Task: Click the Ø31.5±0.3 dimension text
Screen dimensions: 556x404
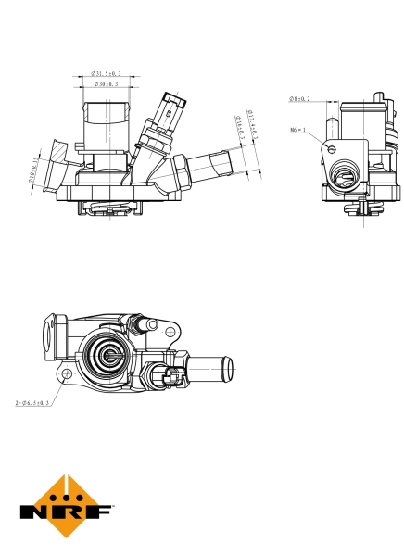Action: tap(107, 72)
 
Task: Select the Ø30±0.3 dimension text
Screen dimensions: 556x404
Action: tap(107, 85)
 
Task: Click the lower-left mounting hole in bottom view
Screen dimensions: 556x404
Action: tap(67, 373)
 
